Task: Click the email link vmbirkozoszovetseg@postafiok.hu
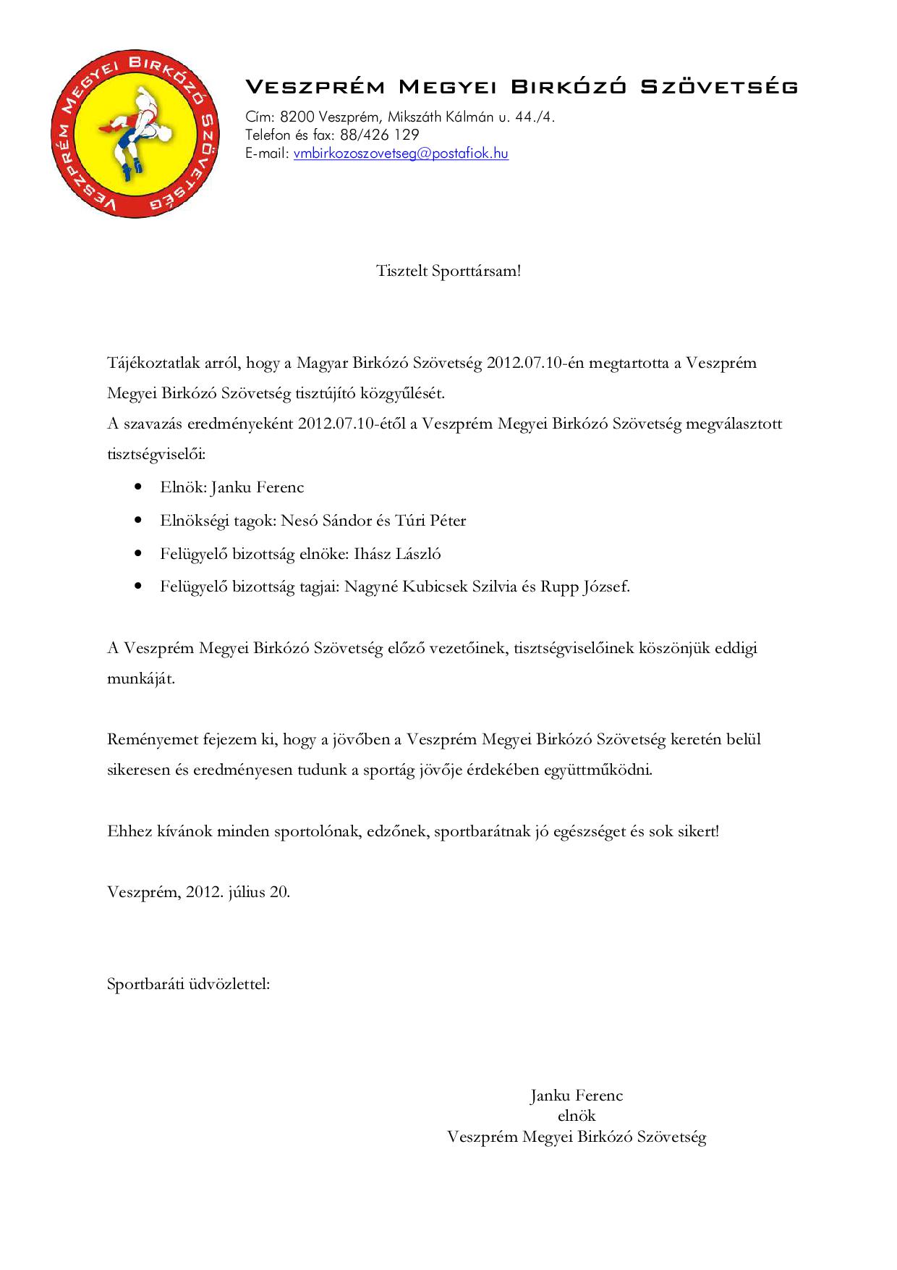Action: [401, 154]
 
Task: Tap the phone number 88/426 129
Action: [379, 135]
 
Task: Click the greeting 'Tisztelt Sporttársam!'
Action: [448, 272]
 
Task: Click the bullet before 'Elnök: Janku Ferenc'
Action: [138, 487]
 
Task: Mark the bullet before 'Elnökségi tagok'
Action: [138, 521]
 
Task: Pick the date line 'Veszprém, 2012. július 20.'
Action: [199, 891]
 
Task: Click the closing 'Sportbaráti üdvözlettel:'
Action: [188, 984]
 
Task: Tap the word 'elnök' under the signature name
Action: [577, 1115]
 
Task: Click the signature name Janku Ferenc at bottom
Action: [577, 1095]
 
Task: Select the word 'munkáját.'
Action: [141, 679]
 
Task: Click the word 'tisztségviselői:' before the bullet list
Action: [156, 455]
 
